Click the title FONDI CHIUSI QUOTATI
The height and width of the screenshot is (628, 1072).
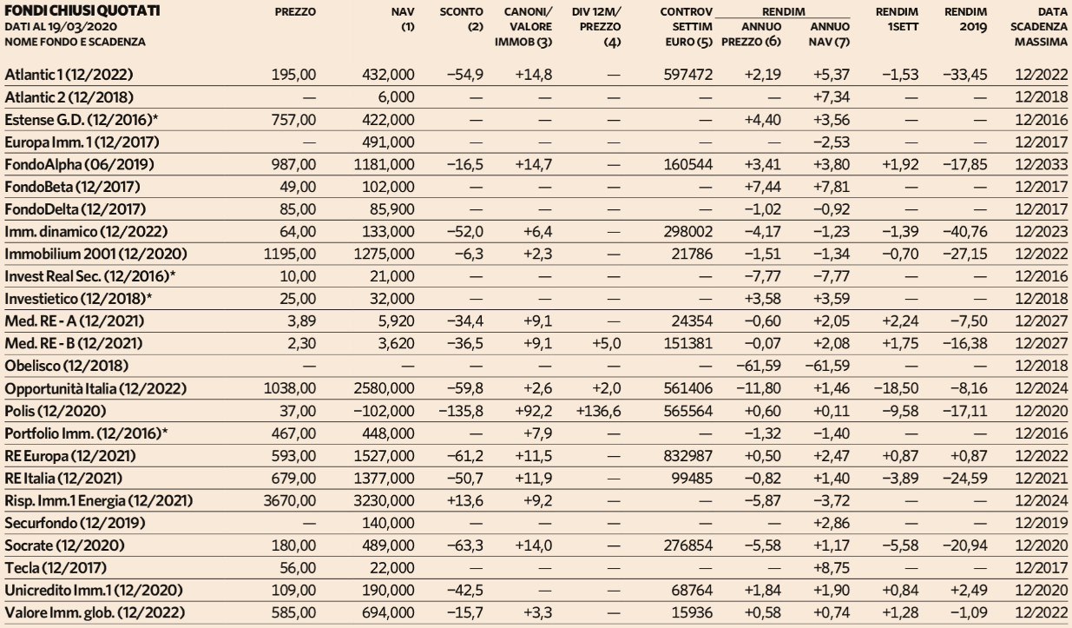pyautogui.click(x=82, y=10)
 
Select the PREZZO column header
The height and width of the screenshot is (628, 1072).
pyautogui.click(x=295, y=12)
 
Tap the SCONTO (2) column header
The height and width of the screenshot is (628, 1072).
pyautogui.click(x=461, y=19)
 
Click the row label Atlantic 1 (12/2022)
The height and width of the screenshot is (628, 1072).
pyautogui.click(x=69, y=75)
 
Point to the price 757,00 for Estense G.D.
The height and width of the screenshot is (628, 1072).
pyautogui.click(x=293, y=120)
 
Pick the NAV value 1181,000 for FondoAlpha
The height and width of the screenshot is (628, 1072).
pyautogui.click(x=385, y=165)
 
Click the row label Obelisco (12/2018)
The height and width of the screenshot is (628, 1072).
pyautogui.click(x=67, y=366)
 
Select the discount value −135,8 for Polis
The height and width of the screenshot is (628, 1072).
pyautogui.click(x=461, y=411)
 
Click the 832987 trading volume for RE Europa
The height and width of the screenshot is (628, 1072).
pyautogui.click(x=687, y=456)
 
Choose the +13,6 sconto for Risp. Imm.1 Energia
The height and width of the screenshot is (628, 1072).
pyautogui.click(x=464, y=501)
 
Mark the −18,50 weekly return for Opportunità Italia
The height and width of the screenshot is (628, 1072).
pyautogui.click(x=896, y=388)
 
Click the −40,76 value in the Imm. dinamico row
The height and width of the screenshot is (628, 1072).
pyautogui.click(x=965, y=232)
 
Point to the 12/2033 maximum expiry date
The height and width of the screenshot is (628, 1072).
pyautogui.click(x=1041, y=165)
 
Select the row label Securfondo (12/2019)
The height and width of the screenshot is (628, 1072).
pyautogui.click(x=75, y=523)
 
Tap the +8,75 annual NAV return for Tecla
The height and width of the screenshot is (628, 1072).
pyautogui.click(x=832, y=568)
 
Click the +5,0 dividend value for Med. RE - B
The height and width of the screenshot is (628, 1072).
pyautogui.click(x=607, y=344)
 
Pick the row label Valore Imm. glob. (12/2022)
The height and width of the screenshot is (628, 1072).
pyautogui.click(x=95, y=612)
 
